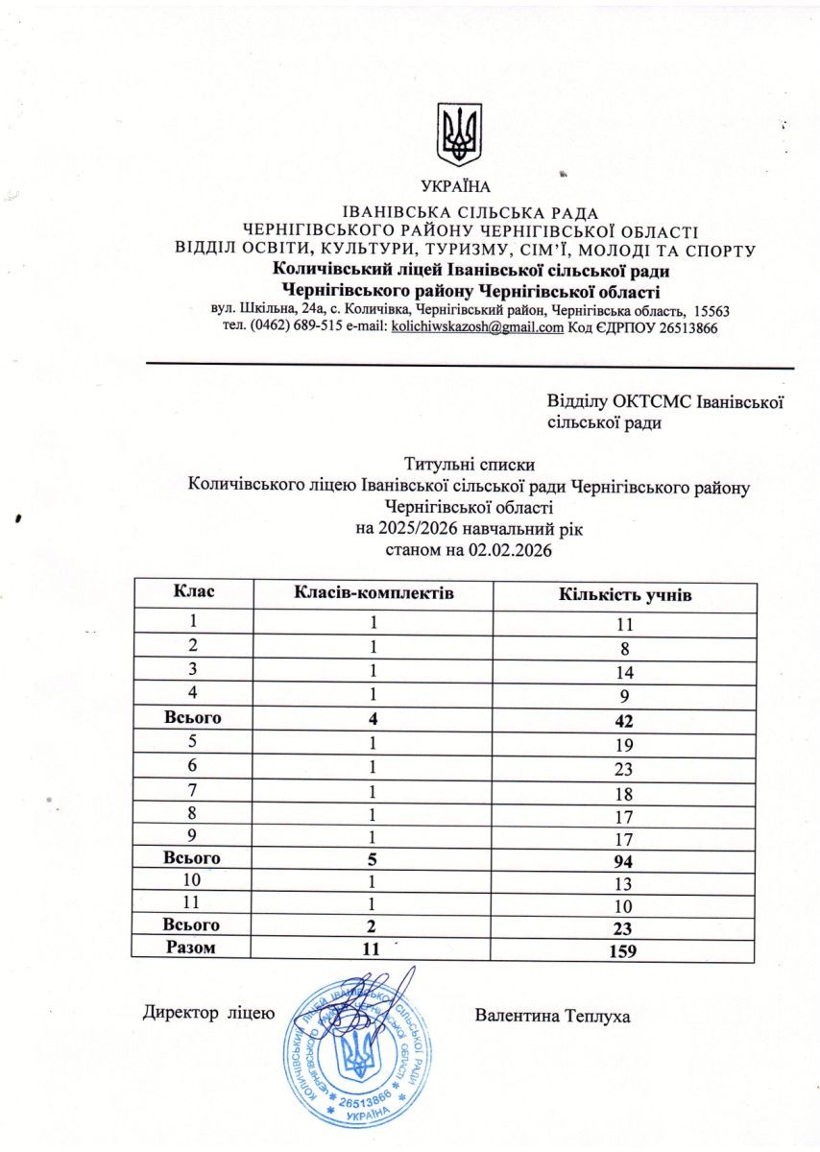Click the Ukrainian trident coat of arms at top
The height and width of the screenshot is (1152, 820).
459,134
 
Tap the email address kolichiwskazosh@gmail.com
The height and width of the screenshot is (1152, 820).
477,327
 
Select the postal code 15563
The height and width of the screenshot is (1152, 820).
710,311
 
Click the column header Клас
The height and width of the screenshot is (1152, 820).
193,593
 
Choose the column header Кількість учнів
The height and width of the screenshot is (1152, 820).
625,595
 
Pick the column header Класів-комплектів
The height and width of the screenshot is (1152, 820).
373,594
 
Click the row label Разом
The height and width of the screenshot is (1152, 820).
193,948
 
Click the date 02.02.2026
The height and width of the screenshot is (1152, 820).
512,551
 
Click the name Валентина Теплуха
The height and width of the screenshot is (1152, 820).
553,1015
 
